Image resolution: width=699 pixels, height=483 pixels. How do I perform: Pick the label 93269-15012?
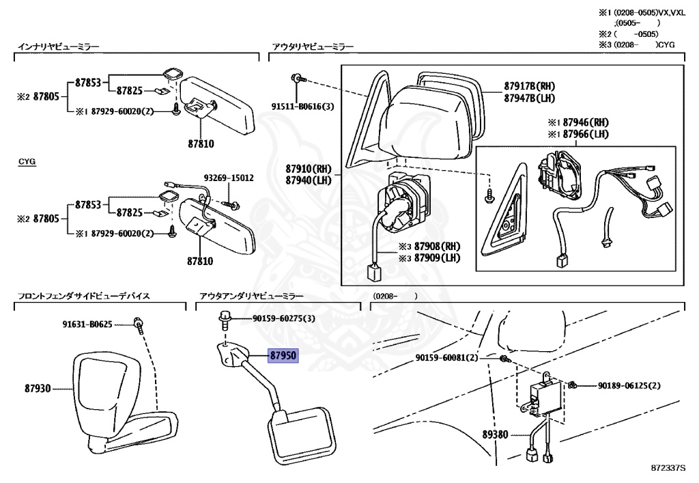click(229, 178)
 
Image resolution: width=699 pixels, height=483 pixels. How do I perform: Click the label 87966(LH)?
click(586, 134)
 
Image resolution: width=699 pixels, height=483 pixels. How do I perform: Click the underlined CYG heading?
click(27, 161)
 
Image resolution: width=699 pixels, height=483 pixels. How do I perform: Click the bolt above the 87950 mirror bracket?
click(225, 318)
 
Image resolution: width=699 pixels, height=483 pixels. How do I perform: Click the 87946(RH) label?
click(586, 123)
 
